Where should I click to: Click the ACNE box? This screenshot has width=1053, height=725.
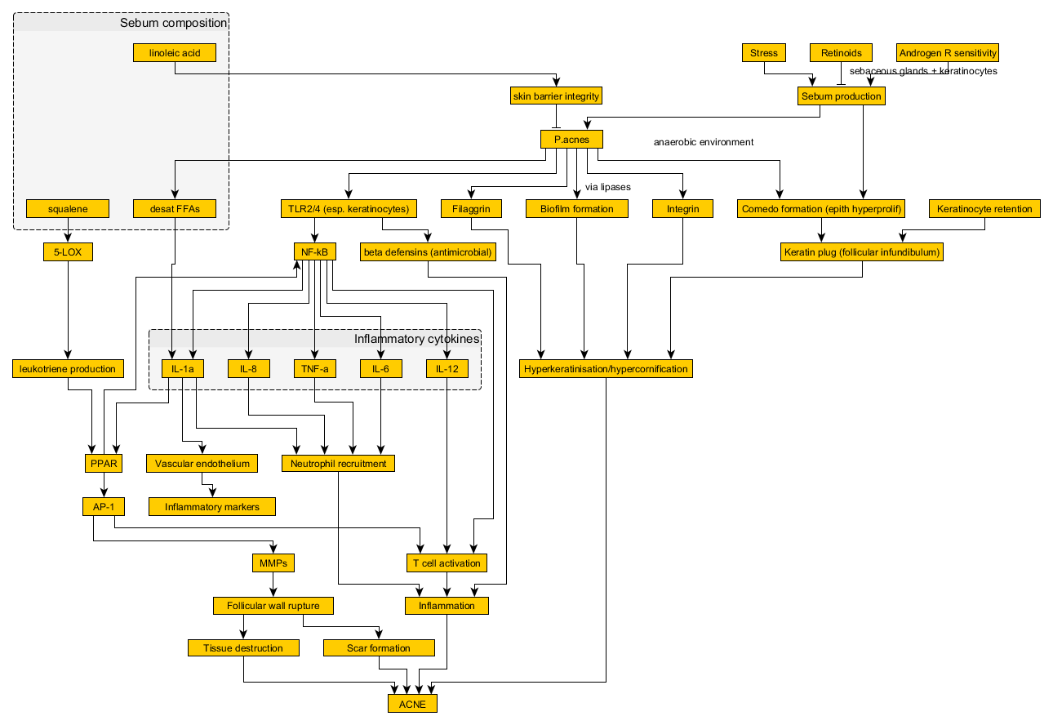pyautogui.click(x=412, y=703)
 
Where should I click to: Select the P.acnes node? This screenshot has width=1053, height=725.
pyautogui.click(x=571, y=140)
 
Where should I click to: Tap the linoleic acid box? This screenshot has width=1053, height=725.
pyautogui.click(x=175, y=53)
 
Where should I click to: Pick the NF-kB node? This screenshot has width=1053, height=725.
pyautogui.click(x=314, y=252)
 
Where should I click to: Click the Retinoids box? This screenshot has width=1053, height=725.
pyautogui.click(x=841, y=53)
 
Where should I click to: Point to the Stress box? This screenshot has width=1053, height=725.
pyautogui.click(x=764, y=53)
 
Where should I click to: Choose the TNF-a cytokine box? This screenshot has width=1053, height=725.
pyautogui.click(x=314, y=369)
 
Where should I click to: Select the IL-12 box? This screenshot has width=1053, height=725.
pyautogui.click(x=447, y=369)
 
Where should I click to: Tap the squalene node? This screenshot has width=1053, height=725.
pyautogui.click(x=68, y=209)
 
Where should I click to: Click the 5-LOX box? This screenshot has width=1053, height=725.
pyautogui.click(x=68, y=252)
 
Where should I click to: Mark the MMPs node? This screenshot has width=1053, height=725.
pyautogui.click(x=273, y=563)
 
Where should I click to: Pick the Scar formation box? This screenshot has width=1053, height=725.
pyautogui.click(x=379, y=647)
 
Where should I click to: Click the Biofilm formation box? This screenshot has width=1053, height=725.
pyautogui.click(x=577, y=209)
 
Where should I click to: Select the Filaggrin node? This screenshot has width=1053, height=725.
pyautogui.click(x=470, y=209)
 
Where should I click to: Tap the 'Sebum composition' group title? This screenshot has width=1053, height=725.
pyautogui.click(x=173, y=23)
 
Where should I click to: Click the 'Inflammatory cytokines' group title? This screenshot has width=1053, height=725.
pyautogui.click(x=416, y=339)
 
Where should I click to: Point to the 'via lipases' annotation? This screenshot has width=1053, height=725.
pyautogui.click(x=607, y=187)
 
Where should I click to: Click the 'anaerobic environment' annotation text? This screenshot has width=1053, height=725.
pyautogui.click(x=703, y=142)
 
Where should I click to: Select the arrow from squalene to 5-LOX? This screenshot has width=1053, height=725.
pyautogui.click(x=68, y=230)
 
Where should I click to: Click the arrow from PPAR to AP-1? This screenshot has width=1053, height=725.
pyautogui.click(x=104, y=484)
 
